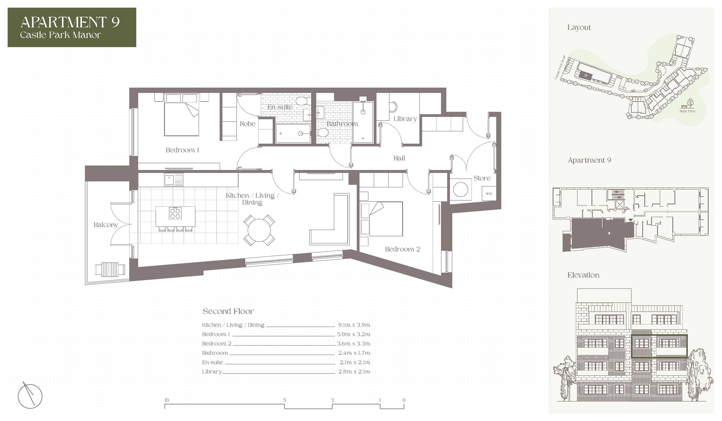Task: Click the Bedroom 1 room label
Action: click(x=182, y=150)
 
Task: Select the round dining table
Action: click(x=259, y=230)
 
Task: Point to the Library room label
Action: click(x=405, y=119)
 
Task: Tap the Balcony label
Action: click(x=106, y=225)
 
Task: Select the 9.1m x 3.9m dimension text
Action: click(x=354, y=325)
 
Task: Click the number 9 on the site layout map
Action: click(x=586, y=76)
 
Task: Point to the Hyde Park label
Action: click(x=687, y=111)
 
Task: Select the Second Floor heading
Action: click(x=228, y=311)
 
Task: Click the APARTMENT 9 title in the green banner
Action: click(x=70, y=22)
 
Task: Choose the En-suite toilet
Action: click(x=302, y=101)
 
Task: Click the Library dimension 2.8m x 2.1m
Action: click(x=354, y=372)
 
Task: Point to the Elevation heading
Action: click(x=583, y=275)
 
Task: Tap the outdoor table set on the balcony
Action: click(x=110, y=269)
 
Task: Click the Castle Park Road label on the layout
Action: click(x=560, y=67)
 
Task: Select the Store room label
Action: click(x=482, y=178)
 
